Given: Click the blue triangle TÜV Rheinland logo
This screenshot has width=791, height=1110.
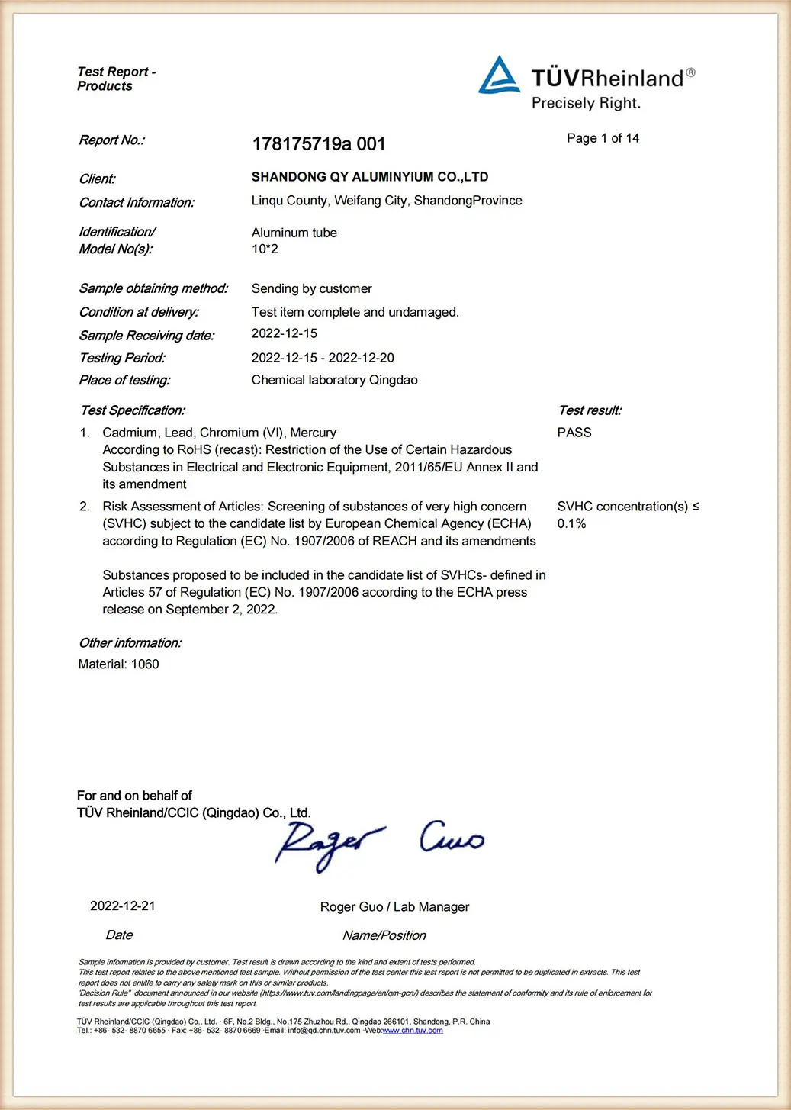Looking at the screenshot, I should click(499, 76).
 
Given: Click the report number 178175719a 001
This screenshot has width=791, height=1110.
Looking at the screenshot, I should click(319, 144).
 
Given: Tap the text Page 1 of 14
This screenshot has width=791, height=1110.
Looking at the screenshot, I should click(603, 138).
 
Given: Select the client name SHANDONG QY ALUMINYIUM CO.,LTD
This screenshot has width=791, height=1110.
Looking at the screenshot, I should click(370, 177).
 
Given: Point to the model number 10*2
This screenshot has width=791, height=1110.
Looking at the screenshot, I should click(265, 249).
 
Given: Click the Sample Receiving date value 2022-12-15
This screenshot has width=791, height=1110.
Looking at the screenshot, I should click(285, 333).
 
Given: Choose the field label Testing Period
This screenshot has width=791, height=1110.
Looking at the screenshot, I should click(122, 358).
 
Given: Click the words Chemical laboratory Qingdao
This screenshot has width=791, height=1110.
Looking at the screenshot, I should click(334, 380).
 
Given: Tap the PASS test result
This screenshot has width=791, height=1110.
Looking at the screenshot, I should click(574, 433).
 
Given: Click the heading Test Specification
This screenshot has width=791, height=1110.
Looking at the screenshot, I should click(133, 410).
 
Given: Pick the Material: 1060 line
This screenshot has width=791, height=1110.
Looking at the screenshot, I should click(118, 664).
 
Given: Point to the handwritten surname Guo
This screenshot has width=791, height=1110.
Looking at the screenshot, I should click(452, 837).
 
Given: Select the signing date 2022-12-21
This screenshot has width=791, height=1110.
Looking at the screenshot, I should click(123, 906).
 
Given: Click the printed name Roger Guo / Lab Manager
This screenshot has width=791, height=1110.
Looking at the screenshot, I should click(394, 907).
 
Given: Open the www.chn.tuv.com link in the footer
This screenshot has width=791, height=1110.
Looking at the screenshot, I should click(413, 1031).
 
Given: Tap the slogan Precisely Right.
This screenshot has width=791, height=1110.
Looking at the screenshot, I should click(586, 104).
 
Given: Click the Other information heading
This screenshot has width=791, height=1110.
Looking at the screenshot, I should click(130, 643).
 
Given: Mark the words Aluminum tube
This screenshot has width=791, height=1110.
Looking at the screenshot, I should click(294, 233).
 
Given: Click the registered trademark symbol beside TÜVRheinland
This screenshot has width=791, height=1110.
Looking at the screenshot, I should click(690, 72).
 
